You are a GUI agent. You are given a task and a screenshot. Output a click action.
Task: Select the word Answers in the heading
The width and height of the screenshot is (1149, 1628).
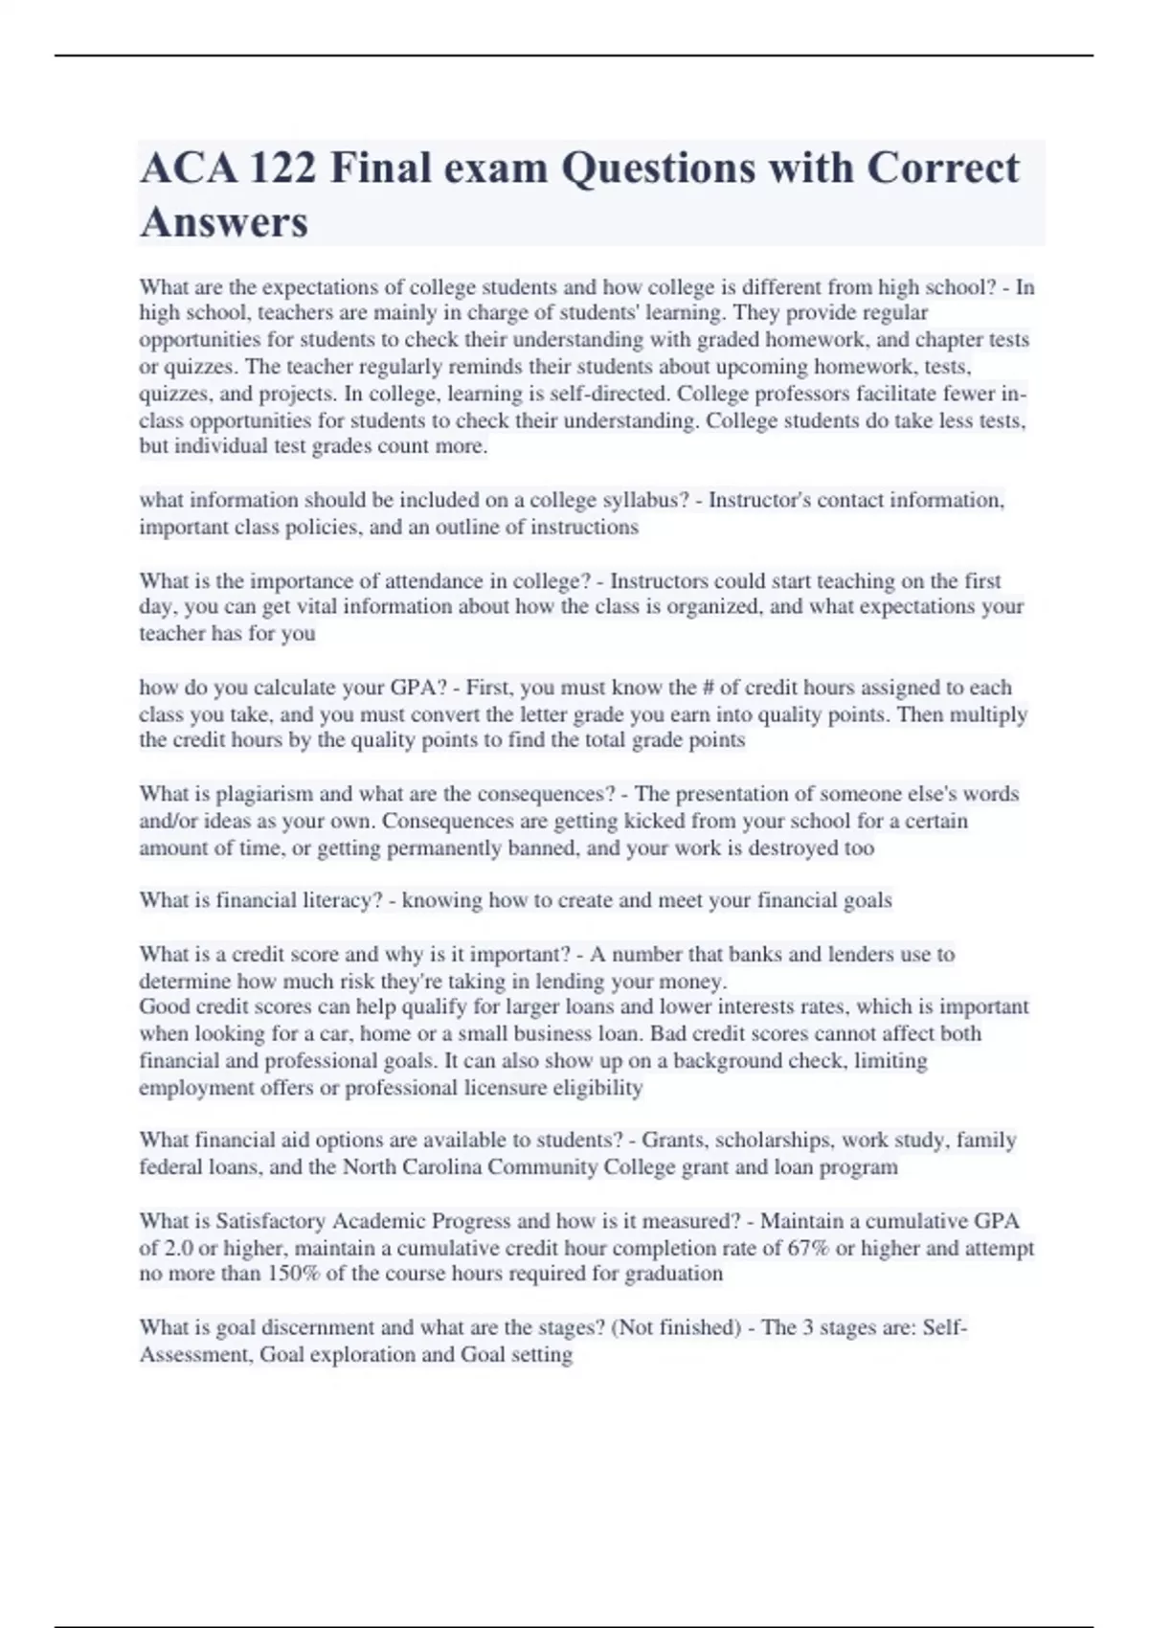[224, 222]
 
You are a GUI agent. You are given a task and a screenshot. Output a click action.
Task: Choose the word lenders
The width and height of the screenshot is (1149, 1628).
[851, 954]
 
